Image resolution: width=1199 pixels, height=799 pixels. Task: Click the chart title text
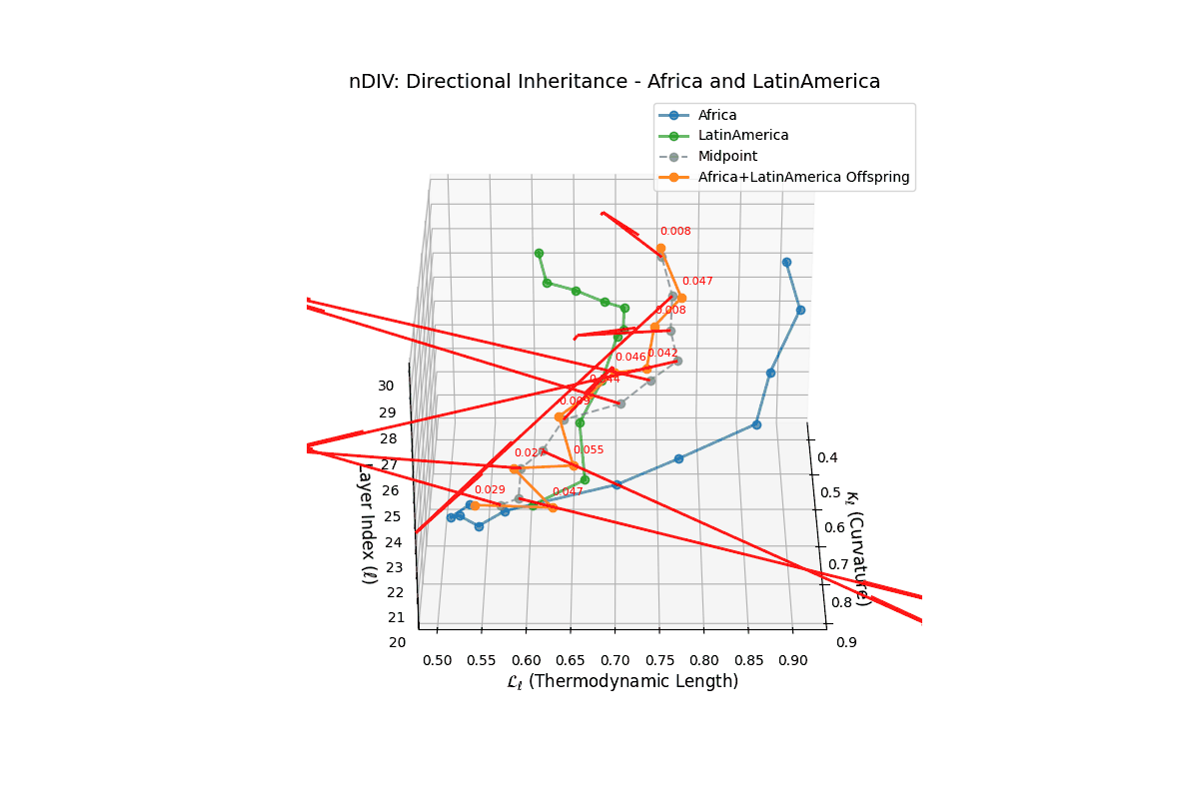(x=614, y=82)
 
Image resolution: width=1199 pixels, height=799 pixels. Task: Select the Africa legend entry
(x=716, y=115)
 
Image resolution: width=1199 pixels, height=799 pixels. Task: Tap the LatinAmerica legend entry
(x=742, y=136)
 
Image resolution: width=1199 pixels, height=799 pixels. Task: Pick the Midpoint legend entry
(x=727, y=157)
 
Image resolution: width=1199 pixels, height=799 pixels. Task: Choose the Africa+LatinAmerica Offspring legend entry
(x=803, y=178)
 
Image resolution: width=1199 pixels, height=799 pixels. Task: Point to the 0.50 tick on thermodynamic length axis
(x=437, y=660)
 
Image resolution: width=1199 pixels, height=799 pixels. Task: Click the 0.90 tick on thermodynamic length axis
(x=793, y=660)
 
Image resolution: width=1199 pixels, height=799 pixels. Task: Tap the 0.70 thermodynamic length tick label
(x=614, y=660)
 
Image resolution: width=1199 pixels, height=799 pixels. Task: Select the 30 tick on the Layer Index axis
(x=386, y=387)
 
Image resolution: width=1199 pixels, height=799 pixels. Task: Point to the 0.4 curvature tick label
(x=829, y=457)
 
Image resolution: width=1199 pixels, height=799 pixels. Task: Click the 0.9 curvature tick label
(x=846, y=641)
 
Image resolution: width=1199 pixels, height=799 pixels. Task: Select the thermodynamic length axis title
(x=622, y=682)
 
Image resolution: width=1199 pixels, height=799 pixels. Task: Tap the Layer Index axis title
(x=367, y=522)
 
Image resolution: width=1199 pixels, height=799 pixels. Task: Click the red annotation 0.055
(x=589, y=450)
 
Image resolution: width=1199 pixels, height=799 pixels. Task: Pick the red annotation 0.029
(x=490, y=490)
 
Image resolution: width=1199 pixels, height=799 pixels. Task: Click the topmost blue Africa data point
(x=786, y=263)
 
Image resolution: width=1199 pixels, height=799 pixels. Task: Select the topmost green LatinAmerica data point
(x=539, y=253)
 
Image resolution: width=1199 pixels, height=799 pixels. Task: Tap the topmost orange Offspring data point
(x=660, y=249)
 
